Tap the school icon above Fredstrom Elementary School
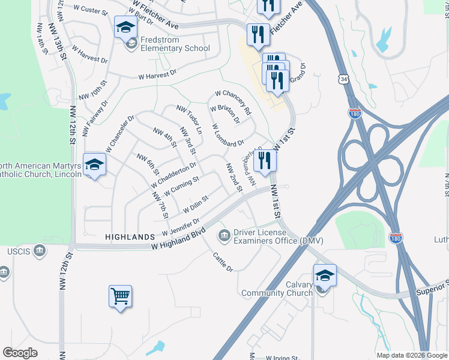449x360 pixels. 125,27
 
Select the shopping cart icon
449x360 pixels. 120,296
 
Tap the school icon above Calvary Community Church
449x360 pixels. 325,275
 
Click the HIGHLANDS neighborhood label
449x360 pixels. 130,237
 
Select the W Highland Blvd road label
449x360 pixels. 178,238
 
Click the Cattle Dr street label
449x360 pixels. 222,262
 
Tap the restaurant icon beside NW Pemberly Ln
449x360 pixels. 264,160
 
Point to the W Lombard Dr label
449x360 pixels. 228,136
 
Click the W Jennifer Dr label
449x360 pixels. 180,227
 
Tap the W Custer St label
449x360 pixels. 89,10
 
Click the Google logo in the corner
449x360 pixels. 20,353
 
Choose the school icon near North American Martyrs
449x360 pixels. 94,164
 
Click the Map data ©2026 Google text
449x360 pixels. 411,355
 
